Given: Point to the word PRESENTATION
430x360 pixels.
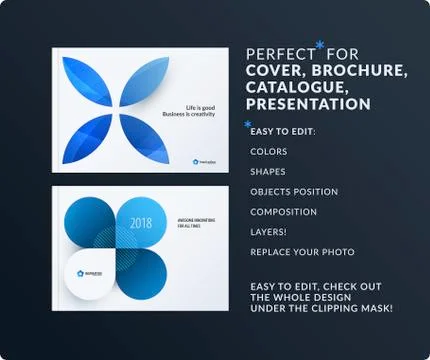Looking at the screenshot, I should [x=309, y=104].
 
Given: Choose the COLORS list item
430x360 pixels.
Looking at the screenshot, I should [x=268, y=152].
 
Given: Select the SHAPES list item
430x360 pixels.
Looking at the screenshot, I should [x=268, y=172].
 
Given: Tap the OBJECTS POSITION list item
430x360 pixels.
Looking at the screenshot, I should [x=294, y=192].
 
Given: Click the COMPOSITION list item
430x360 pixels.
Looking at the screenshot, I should [x=283, y=212].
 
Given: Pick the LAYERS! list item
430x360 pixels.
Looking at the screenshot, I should [x=270, y=232].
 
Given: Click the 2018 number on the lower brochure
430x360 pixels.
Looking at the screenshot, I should [x=141, y=223].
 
